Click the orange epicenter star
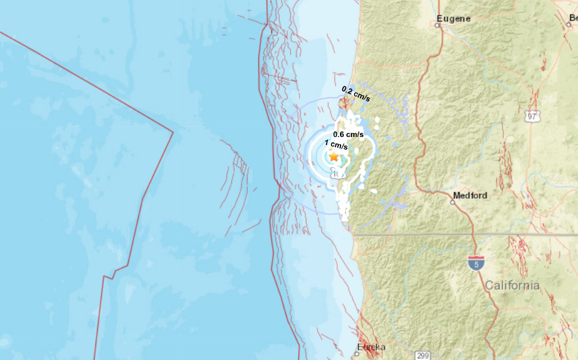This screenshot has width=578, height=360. pos(334,156)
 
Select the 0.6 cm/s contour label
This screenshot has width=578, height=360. pos(348,134)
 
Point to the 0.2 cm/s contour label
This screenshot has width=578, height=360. pos(356,93)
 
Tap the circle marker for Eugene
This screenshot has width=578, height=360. pos(438,24)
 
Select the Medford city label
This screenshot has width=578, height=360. pos(470,196)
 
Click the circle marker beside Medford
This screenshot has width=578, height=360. pos(453,203)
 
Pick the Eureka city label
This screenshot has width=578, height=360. pos(373,347)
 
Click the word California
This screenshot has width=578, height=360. pos(512,286)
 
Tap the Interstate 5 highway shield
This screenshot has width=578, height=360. pos(476,262)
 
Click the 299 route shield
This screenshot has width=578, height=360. pos(422,355)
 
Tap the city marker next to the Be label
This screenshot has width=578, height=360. pos(568,24)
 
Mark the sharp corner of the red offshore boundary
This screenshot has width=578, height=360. pos(173,131)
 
